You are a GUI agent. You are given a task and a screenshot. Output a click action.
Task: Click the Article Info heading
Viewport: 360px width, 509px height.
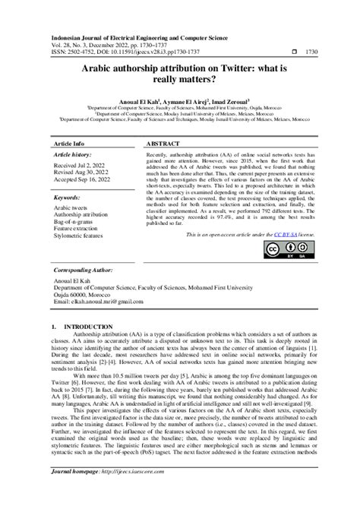(x=68, y=143)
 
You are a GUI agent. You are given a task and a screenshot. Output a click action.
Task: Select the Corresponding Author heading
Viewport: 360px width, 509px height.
(x=87, y=270)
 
